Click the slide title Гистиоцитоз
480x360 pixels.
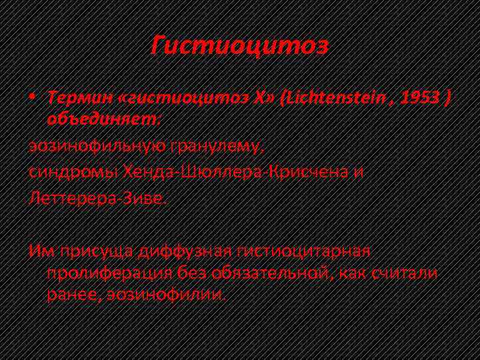coord(239,46)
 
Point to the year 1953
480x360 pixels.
coord(421,99)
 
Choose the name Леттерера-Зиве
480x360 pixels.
coord(96,199)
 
